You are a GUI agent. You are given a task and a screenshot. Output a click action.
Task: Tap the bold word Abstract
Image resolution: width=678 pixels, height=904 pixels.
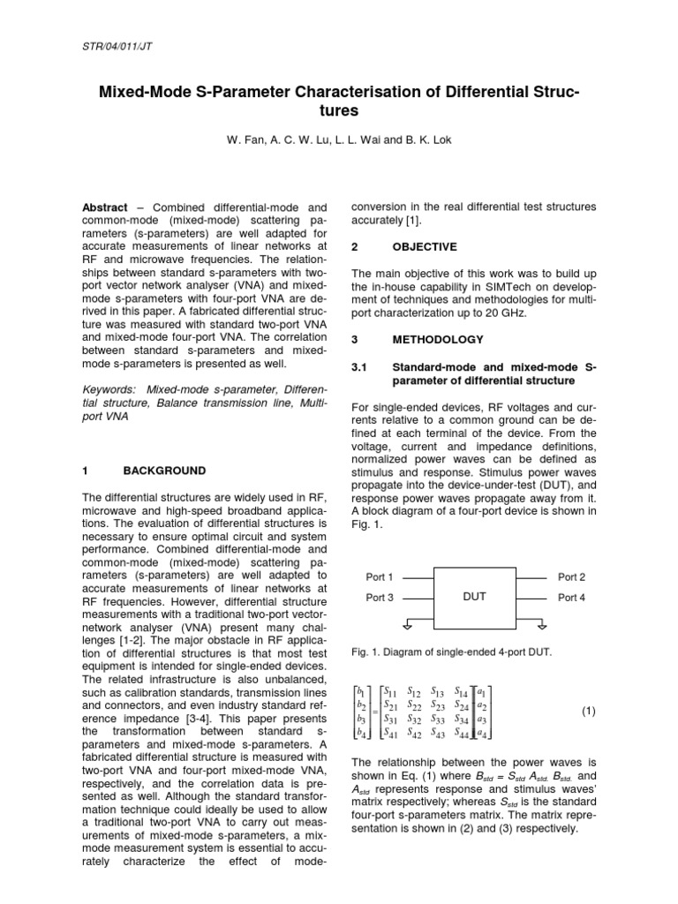pos(104,207)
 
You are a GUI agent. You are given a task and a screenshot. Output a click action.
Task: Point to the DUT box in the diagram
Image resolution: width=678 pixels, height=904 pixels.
pos(475,597)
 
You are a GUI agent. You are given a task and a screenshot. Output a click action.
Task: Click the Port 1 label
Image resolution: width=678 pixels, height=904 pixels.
pos(380,576)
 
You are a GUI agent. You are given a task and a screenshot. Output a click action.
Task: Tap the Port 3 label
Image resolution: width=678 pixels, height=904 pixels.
pos(380,598)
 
